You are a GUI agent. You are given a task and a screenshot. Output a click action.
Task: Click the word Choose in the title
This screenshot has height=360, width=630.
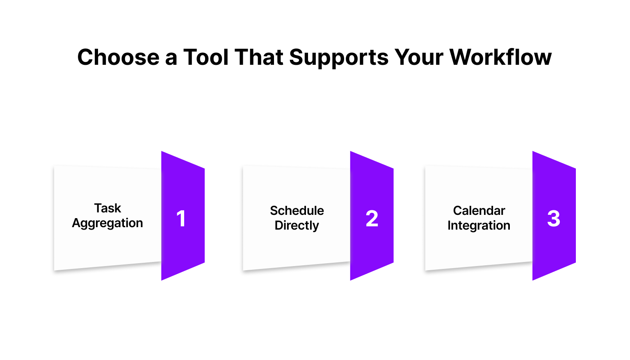(119, 57)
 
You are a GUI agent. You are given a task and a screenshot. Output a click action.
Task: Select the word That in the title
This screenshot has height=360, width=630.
(259, 57)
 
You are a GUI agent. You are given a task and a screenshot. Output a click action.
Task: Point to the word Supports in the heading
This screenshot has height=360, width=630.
(339, 58)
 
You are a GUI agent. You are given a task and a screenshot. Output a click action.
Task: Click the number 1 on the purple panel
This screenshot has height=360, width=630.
(181, 219)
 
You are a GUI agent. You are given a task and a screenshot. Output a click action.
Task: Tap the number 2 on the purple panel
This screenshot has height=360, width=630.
(372, 218)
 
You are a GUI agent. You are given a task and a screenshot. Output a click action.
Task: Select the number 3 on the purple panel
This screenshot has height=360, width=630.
(553, 219)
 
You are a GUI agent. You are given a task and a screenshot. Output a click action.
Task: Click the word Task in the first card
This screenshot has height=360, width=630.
(108, 208)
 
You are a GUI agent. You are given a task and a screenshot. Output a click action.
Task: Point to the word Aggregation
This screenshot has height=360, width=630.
(107, 223)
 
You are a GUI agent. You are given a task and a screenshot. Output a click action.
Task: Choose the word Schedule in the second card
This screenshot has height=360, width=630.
(297, 211)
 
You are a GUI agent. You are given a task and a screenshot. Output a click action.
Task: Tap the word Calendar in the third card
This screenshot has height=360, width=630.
(479, 211)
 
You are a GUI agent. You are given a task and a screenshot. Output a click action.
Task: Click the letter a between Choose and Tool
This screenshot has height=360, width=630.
(171, 59)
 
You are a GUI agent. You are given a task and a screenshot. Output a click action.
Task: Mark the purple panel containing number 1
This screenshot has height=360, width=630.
(183, 216)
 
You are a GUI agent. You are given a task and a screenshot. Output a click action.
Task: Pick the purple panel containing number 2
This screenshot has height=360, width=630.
(372, 216)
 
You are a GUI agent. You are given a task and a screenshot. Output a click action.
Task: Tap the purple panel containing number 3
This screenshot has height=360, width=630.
(554, 216)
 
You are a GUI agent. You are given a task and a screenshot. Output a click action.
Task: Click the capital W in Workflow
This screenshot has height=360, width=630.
(461, 57)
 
